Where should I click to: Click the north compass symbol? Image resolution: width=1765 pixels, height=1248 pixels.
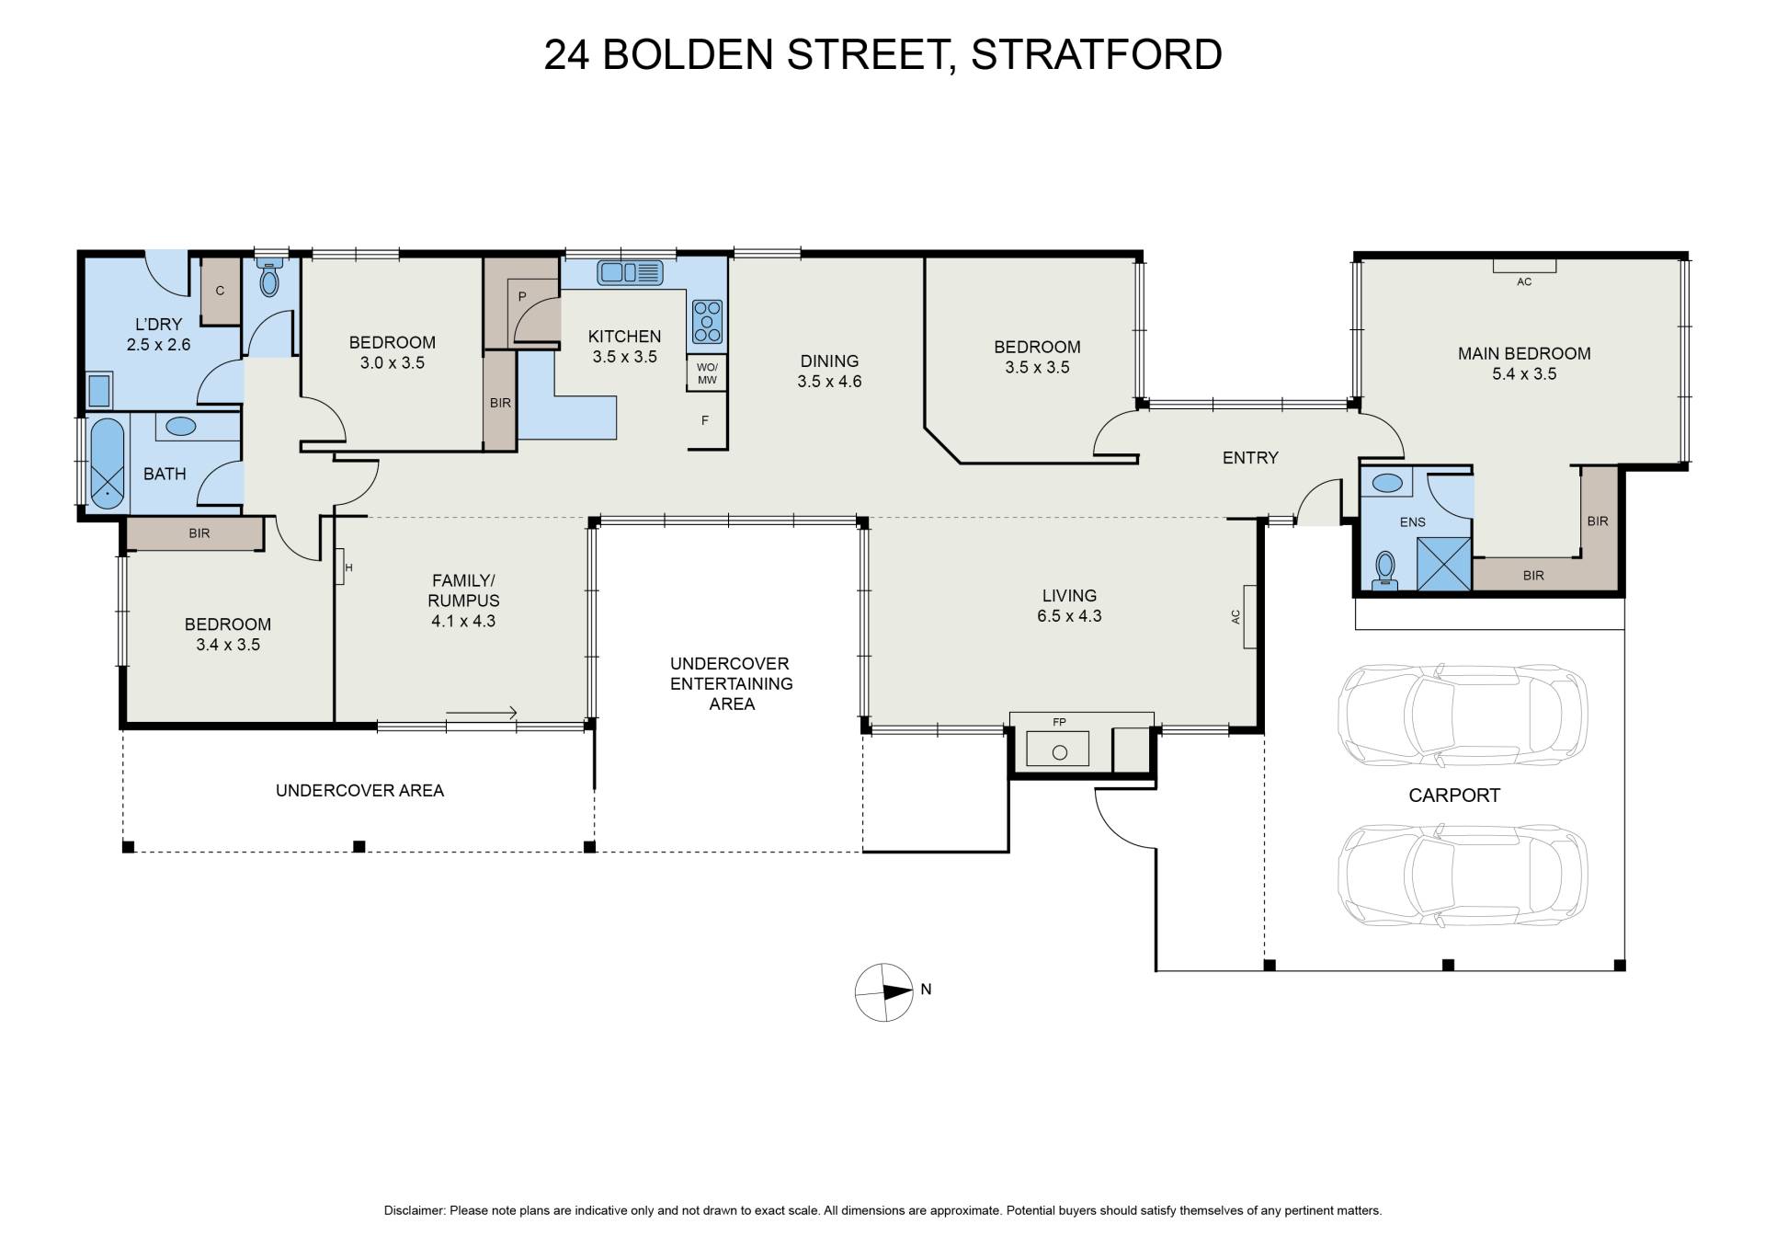click(884, 993)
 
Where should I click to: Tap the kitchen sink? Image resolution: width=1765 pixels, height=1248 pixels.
click(630, 272)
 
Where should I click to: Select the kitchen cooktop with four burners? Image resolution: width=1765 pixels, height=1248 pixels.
click(708, 321)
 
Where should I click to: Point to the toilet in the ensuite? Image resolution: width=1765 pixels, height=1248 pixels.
click(1384, 570)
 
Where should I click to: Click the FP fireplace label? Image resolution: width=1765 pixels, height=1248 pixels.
click(1059, 722)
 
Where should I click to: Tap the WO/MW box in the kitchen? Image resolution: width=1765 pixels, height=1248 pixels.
click(707, 373)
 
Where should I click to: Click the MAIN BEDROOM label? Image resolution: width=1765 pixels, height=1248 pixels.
click(1524, 353)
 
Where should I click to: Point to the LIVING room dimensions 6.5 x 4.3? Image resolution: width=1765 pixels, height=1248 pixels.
click(1069, 616)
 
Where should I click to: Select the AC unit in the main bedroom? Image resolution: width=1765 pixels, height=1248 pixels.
click(1524, 266)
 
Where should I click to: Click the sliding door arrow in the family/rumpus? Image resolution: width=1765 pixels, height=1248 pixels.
click(482, 713)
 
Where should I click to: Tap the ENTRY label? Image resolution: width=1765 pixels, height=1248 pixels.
click(1250, 457)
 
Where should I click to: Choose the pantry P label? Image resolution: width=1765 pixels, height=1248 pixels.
click(522, 296)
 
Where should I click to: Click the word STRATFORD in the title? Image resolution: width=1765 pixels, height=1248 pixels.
click(1097, 54)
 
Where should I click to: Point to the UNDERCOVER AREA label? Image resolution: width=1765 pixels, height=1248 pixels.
click(359, 790)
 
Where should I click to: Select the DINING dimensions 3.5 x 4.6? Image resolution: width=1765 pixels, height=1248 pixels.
click(829, 382)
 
